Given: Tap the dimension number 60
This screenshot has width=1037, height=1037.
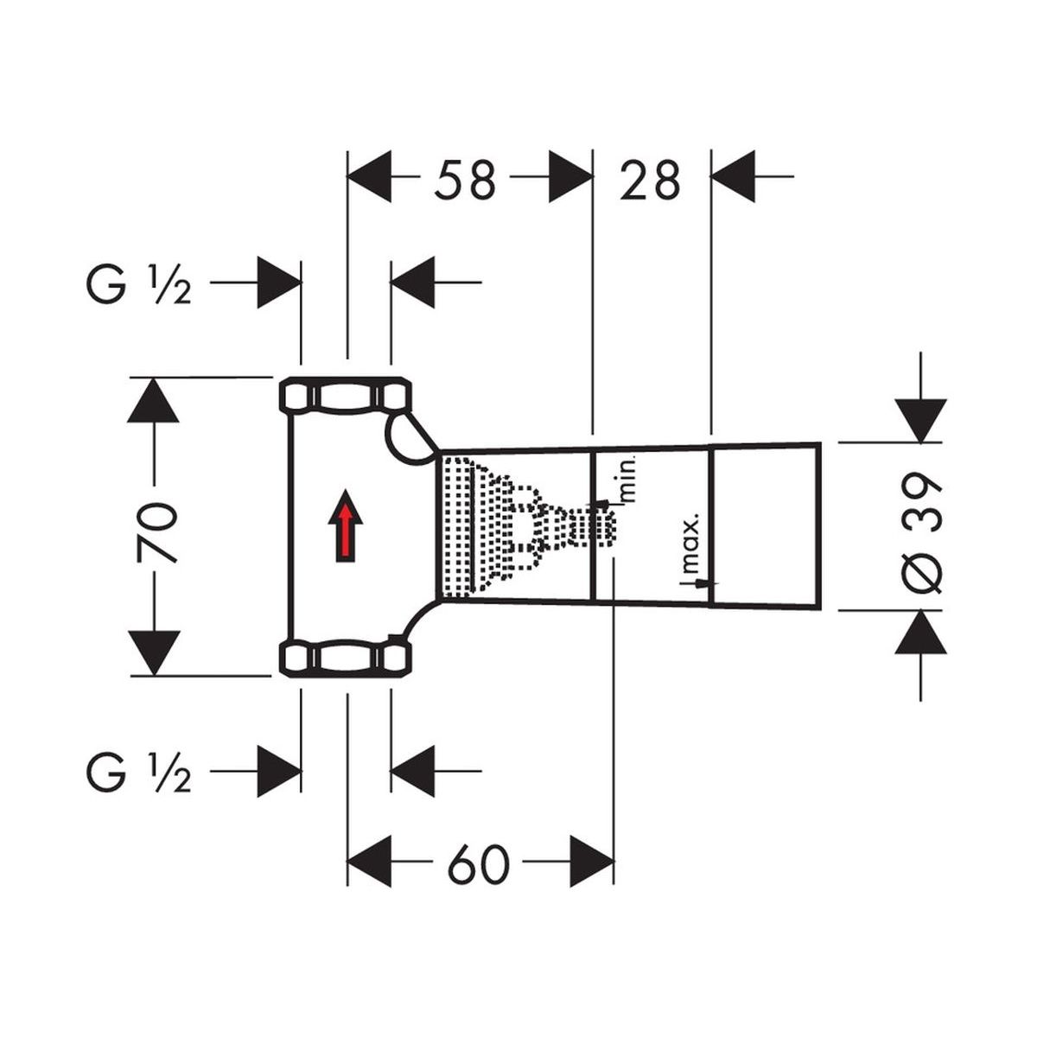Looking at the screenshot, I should pyautogui.click(x=478, y=862).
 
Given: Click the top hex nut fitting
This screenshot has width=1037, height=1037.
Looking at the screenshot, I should pyautogui.click(x=346, y=396).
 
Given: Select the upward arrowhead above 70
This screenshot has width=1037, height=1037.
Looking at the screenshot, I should pyautogui.click(x=153, y=400).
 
